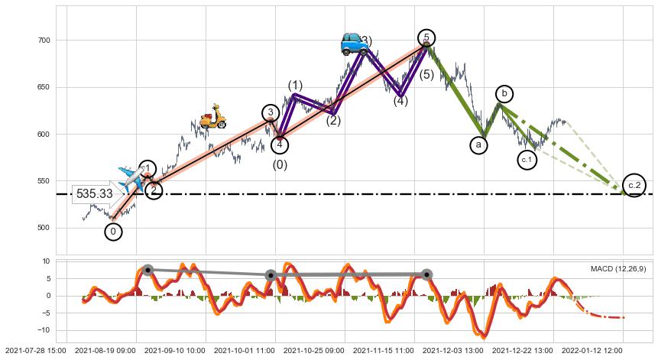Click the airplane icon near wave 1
tap(131, 177)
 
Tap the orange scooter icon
tap(212, 116)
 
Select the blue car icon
tap(354, 44)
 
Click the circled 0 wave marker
tap(113, 232)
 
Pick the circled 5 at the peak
tap(427, 38)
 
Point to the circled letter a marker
tap(479, 144)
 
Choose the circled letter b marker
tap(504, 94)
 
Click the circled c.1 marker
tap(527, 160)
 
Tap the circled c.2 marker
tap(634, 186)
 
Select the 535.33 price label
tap(95, 194)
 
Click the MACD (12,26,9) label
tap(617, 268)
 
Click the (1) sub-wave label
tap(295, 86)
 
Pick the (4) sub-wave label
tap(400, 101)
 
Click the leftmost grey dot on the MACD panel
tap(147, 270)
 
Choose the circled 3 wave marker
tap(271, 113)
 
